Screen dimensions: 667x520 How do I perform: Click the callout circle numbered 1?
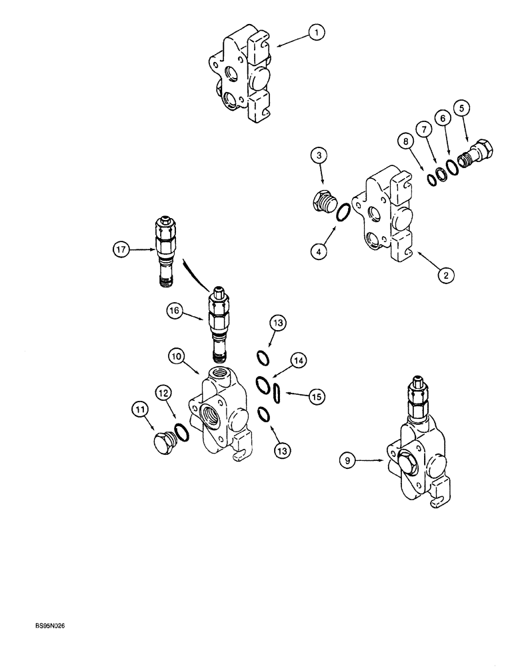(x=317, y=31)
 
